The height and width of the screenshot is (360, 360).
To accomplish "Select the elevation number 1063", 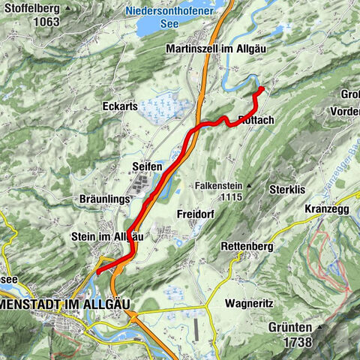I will click(x=46, y=22).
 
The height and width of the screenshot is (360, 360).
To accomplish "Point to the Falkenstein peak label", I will click(x=217, y=184).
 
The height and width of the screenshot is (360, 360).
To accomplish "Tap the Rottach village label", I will click(x=256, y=119).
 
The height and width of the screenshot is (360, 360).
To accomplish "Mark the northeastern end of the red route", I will click(x=262, y=89).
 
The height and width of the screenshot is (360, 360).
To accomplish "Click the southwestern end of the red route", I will click(x=97, y=271).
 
